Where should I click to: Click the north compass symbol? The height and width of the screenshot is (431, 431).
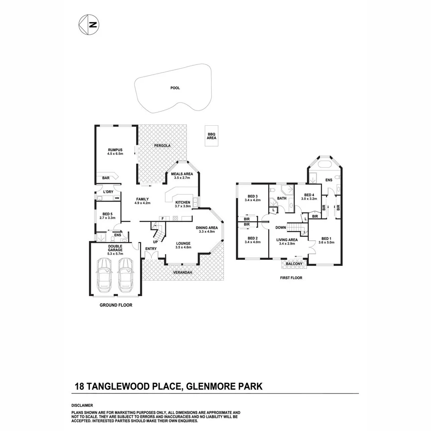(89, 24)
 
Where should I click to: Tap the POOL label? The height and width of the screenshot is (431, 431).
(175, 88)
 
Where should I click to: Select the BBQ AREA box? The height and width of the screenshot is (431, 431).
(212, 136)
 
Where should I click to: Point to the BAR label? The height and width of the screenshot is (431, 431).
(106, 178)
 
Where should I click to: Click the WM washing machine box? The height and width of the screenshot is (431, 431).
(117, 198)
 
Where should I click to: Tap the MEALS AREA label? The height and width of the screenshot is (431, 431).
(182, 174)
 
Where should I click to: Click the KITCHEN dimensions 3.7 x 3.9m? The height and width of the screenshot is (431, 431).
(182, 206)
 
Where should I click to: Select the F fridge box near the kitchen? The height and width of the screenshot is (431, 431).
(162, 218)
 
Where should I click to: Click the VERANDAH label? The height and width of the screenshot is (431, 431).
(183, 273)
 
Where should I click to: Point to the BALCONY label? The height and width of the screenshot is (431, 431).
(295, 264)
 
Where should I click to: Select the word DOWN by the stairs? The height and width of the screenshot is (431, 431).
(281, 227)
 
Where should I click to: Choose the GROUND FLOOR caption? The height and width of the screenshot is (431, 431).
(116, 305)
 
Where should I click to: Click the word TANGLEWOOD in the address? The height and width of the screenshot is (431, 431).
(134, 386)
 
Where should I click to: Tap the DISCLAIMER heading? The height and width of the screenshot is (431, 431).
(82, 405)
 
